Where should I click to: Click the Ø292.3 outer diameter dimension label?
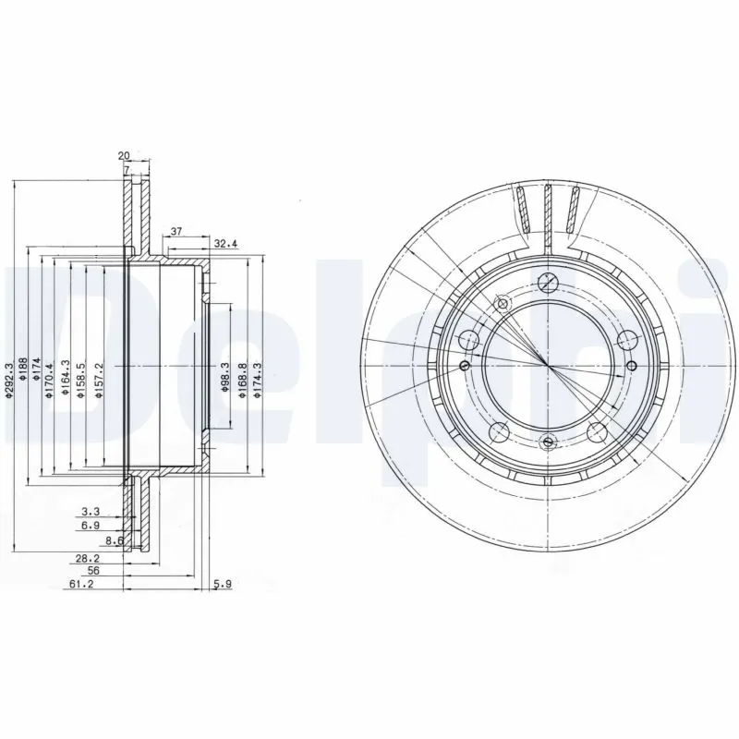(x=9, y=381)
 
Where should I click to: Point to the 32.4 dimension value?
(x=226, y=245)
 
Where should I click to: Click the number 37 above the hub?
(x=176, y=232)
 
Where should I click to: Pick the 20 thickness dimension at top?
(x=125, y=156)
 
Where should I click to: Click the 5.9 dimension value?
(x=223, y=585)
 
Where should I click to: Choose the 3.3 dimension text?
(x=91, y=510)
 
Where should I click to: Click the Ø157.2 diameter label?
(x=98, y=380)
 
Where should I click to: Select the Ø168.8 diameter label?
(x=243, y=380)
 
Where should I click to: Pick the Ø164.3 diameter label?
(x=65, y=380)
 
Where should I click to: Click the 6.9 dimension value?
(x=91, y=525)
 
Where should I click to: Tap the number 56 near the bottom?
(x=93, y=572)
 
